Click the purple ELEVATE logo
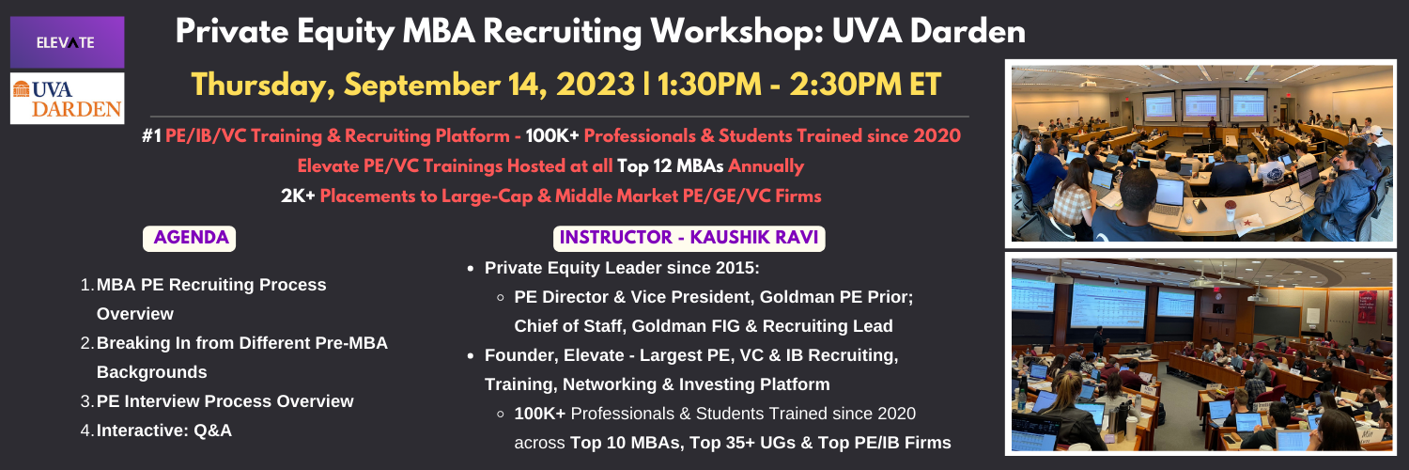tap(68, 42)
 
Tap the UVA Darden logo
tap(68, 98)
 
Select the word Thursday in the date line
tap(263, 85)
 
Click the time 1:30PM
tap(709, 85)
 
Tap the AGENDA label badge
tap(190, 239)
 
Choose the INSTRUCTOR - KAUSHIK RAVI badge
tap(689, 239)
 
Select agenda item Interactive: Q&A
tap(163, 431)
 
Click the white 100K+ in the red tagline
tap(551, 136)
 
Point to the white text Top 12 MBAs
tap(670, 166)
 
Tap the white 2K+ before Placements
tap(298, 196)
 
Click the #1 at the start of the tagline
tap(151, 136)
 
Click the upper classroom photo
tap(1200, 153)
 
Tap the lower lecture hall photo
tap(1200, 354)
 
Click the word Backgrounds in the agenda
tap(151, 372)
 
